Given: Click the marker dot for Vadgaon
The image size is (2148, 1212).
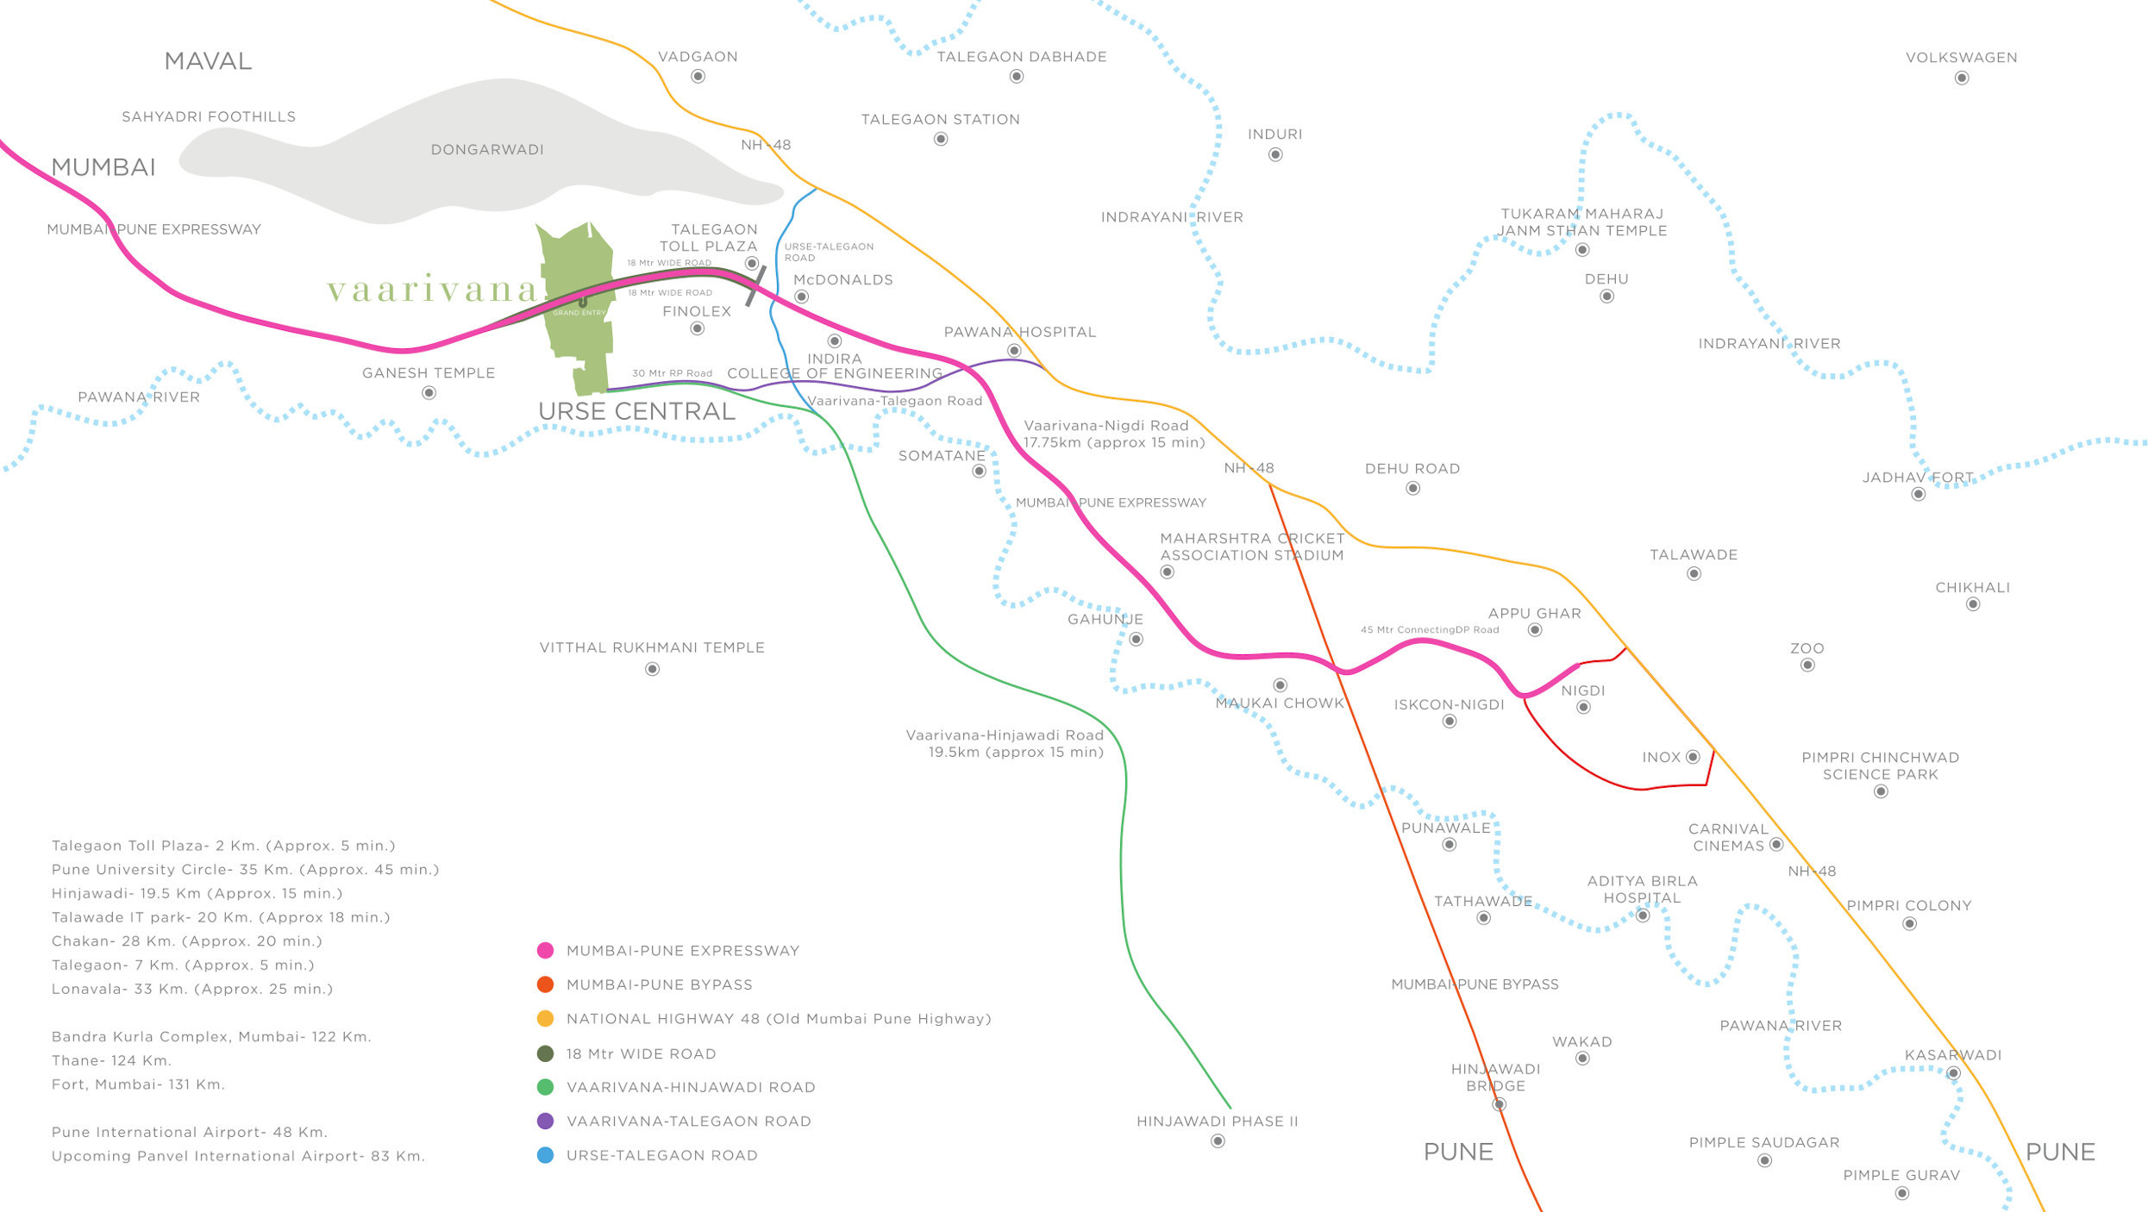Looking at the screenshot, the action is [698, 77].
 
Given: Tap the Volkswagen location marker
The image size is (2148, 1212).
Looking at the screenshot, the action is [1962, 78].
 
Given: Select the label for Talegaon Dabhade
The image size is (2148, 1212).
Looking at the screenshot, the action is [1022, 57].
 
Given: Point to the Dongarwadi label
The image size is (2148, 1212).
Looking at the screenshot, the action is [487, 150].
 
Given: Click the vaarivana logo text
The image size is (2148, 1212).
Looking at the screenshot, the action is [432, 290].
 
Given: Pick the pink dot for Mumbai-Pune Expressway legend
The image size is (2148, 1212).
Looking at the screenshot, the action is [545, 951].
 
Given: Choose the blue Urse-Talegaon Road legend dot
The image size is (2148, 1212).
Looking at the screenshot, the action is [545, 1155].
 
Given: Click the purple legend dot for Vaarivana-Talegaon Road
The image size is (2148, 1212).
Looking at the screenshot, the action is [545, 1121].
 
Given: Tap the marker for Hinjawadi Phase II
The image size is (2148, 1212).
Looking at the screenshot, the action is [1218, 1141].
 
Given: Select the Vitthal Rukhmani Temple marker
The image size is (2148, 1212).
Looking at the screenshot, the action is [652, 669].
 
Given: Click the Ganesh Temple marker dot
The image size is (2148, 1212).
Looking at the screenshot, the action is [429, 393].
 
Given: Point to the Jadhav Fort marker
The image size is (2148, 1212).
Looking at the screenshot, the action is [1918, 494].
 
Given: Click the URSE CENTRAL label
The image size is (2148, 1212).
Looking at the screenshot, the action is [636, 412].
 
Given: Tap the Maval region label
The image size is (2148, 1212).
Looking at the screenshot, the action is [208, 61].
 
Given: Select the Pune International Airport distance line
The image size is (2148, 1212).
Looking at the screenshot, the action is [190, 1133].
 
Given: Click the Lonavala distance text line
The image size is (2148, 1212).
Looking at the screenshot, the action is [192, 990].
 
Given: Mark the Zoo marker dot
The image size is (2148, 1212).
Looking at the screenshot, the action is [1807, 665].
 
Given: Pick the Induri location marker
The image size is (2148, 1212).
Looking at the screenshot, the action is [1275, 155].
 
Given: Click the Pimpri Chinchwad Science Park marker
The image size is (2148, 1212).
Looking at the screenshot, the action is [1881, 791].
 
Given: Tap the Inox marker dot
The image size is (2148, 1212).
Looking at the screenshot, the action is [1693, 757].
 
